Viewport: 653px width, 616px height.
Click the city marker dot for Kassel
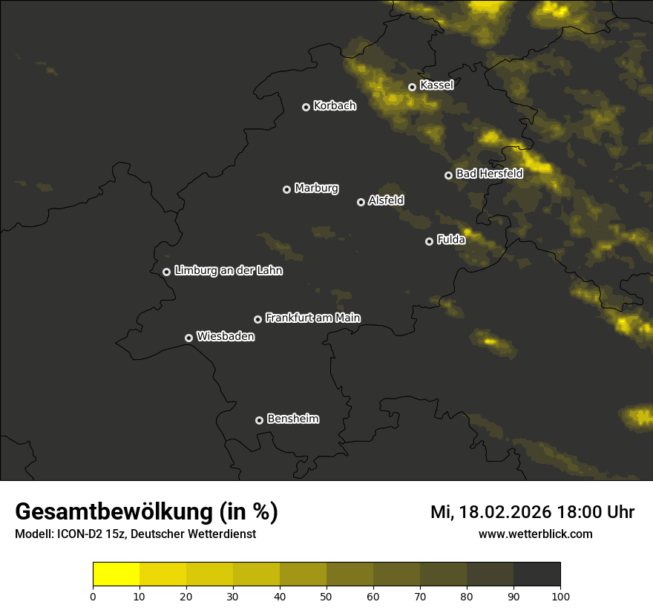tap(412, 87)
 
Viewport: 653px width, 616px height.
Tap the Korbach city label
tap(335, 106)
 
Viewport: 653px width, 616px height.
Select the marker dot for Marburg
tap(286, 189)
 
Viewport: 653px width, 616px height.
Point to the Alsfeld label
tap(386, 201)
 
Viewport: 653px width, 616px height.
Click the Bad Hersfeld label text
tap(489, 174)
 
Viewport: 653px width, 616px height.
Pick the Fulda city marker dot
tap(429, 241)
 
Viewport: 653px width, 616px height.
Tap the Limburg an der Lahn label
tap(228, 271)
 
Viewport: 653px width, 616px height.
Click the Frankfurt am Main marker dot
tap(257, 319)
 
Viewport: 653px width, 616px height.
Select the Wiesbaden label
tap(225, 337)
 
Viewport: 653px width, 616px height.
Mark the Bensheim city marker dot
tap(259, 420)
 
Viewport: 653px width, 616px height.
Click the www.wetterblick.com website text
tap(535, 534)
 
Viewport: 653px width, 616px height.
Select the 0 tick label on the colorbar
tap(93, 596)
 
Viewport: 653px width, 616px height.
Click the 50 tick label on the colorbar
tap(326, 596)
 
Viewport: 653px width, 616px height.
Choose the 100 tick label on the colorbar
tap(560, 596)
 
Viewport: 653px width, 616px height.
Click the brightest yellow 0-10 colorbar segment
tap(117, 574)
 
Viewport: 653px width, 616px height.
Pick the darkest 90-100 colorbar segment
tap(536, 574)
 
